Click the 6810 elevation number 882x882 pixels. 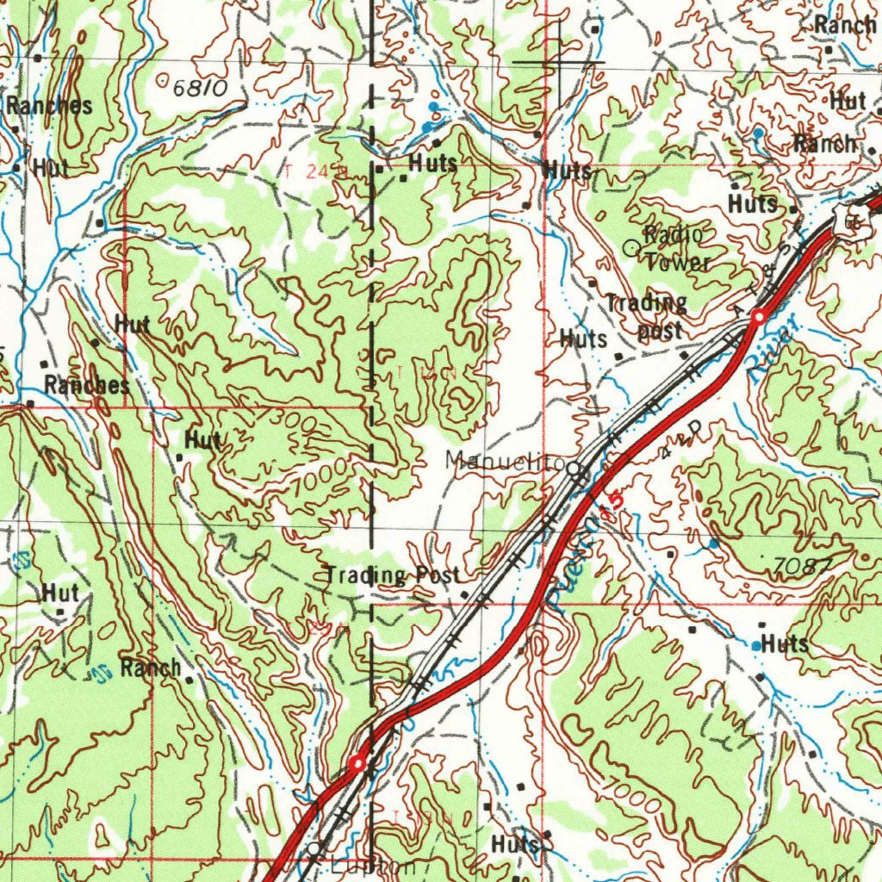pos(199,88)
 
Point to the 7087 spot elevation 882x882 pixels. pos(803,566)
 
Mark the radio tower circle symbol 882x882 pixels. pos(630,248)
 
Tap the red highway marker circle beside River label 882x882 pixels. pos(758,318)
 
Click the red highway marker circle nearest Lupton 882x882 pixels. pos(358,762)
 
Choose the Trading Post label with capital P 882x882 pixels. pos(392,575)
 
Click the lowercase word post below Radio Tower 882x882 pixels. pos(660,330)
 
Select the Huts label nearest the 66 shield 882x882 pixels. pos(753,204)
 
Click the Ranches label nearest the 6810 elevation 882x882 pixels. pos(49,107)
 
